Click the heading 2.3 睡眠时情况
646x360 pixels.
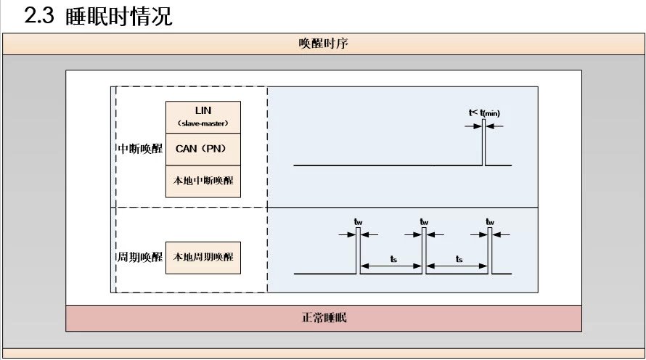pos(99,16)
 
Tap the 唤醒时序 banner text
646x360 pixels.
pos(324,44)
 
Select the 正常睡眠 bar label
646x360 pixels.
pos(324,318)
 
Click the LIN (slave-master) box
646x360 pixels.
pos(203,117)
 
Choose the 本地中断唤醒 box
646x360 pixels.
pos(203,181)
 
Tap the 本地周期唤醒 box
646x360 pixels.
pos(203,257)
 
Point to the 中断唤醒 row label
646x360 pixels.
pos(140,149)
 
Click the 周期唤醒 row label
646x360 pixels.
pos(140,258)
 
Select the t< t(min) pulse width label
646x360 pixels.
pos(484,112)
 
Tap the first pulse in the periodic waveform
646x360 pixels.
pos(358,251)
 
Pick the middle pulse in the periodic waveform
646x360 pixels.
pos(424,251)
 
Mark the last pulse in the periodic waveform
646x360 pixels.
pos(490,251)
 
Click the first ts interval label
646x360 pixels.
pos(392,259)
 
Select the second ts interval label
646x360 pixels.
pos(458,259)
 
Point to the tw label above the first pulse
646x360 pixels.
pos(358,221)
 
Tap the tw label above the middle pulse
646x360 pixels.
pos(424,221)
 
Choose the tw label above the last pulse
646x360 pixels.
pos(490,221)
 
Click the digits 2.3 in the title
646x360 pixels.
pos(39,16)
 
